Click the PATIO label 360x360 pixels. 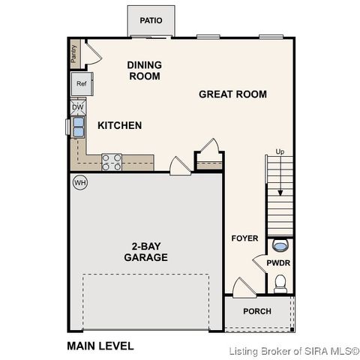click(x=151, y=20)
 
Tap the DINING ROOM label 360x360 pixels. click(x=144, y=70)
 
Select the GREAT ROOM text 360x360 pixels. click(x=232, y=94)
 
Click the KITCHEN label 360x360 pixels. click(x=119, y=125)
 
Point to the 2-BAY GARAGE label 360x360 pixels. click(x=146, y=251)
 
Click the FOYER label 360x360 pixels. click(x=244, y=238)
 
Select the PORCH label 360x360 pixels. click(x=257, y=311)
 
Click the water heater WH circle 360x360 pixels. click(x=79, y=182)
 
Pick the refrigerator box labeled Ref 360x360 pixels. click(x=82, y=84)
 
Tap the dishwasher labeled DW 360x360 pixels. click(x=78, y=108)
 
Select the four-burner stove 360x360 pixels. click(x=112, y=162)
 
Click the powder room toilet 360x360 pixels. click(x=280, y=282)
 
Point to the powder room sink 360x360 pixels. click(x=281, y=245)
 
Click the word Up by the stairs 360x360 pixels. click(x=280, y=151)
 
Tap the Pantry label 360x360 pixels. click(x=74, y=52)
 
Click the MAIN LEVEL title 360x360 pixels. click(x=100, y=346)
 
